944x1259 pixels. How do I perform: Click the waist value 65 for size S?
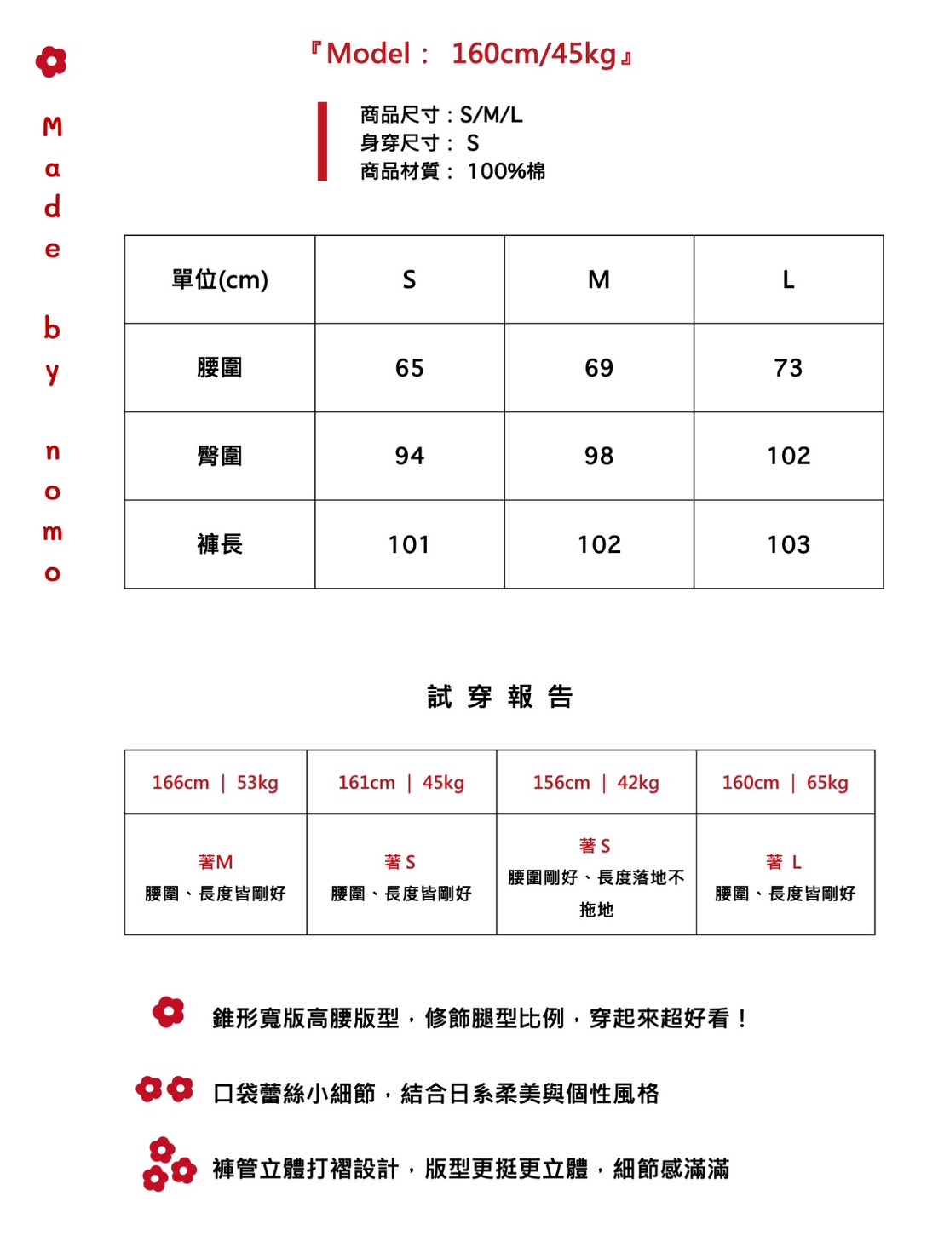point(409,368)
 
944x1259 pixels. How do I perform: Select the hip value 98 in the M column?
point(599,456)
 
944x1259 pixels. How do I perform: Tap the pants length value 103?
point(788,544)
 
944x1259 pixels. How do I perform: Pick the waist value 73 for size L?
point(788,368)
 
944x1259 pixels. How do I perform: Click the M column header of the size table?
point(599,279)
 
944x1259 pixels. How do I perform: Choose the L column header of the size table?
point(788,279)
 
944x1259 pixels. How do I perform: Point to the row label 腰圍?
point(220,368)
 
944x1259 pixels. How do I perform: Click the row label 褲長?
point(220,544)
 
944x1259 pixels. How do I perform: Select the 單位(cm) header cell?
point(220,279)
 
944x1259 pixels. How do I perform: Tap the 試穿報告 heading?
point(500,697)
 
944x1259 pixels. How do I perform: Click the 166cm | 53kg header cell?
point(215,783)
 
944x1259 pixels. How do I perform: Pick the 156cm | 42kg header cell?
point(596,783)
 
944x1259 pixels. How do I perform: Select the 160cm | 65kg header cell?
point(785,783)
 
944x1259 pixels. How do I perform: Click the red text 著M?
point(215,862)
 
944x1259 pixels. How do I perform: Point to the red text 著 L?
point(784,862)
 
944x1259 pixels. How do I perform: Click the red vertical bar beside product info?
point(322,141)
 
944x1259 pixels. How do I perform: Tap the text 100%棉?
point(506,171)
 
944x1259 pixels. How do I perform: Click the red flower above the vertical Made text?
point(51,61)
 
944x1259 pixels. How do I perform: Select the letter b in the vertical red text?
point(52,328)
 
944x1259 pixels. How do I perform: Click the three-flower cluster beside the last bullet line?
point(166,1164)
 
